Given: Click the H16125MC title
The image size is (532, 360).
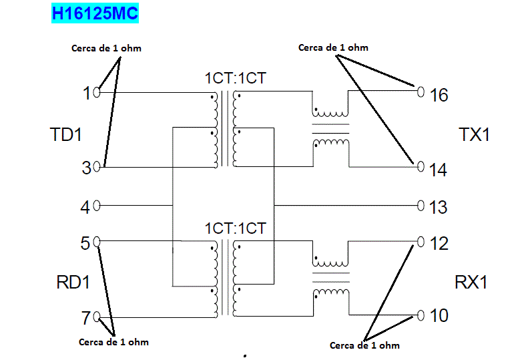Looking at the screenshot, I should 95,13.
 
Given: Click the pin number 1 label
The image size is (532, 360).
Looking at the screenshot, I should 87,94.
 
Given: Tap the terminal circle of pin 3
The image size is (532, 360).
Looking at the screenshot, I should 97,166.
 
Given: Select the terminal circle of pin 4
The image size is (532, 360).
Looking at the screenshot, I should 97,206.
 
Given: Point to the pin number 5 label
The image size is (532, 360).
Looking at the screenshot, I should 85,243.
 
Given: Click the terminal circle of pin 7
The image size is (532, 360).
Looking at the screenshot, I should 97,316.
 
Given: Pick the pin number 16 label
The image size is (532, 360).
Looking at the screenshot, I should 439,96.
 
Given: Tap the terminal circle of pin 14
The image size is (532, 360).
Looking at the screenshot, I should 421,167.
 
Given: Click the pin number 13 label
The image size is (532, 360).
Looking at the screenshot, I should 438,208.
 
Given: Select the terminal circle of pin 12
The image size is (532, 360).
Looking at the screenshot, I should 421,241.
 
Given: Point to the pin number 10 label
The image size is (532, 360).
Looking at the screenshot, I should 439,316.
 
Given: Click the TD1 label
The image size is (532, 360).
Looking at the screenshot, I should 65,135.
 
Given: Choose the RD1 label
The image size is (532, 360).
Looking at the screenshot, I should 73,283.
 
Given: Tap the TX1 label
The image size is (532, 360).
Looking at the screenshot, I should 475,135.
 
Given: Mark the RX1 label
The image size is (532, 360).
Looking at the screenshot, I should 471,283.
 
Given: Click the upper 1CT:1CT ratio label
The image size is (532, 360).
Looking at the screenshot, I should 235,78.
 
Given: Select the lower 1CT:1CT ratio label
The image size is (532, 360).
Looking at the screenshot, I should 235,228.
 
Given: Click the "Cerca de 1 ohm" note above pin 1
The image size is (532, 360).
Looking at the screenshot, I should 106,48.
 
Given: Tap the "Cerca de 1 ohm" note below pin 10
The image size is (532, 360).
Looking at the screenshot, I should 364,345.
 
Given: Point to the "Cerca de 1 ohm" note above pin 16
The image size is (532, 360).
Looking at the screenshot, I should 333,47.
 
